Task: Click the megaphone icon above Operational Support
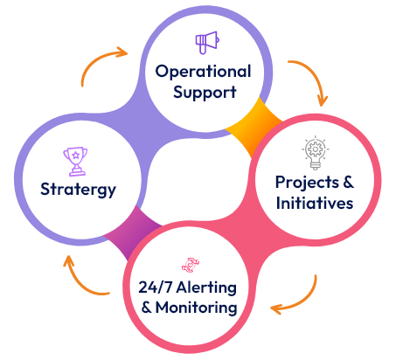207,42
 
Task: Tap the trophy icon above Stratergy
75,162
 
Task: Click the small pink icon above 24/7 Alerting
191,265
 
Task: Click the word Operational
203,72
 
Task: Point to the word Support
205,93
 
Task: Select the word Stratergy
78,190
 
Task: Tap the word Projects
307,183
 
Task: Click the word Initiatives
315,203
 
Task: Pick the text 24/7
156,287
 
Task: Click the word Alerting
206,288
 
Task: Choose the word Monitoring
197,308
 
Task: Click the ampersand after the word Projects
348,183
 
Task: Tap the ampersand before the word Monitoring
147,308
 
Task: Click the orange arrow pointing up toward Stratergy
79,281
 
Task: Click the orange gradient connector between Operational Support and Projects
253,126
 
